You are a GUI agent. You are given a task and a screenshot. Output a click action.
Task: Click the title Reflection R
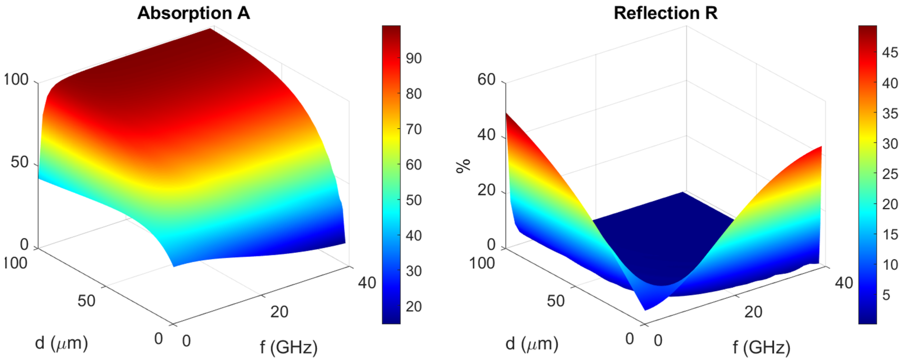pyautogui.click(x=666, y=13)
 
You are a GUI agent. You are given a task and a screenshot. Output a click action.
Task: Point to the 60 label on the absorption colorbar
pyautogui.click(x=414, y=165)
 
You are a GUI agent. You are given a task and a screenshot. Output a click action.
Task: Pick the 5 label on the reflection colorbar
pyautogui.click(x=886, y=295)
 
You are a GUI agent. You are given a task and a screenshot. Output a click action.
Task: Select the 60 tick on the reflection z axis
pyautogui.click(x=486, y=80)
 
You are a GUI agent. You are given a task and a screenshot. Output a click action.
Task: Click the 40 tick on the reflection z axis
pyautogui.click(x=486, y=135)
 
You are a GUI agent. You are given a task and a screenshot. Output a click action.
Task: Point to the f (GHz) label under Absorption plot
pyautogui.click(x=289, y=347)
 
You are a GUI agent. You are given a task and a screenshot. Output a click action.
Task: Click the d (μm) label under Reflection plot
pyautogui.click(x=532, y=343)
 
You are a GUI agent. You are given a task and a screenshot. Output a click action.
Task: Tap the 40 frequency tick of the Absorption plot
pyautogui.click(x=367, y=282)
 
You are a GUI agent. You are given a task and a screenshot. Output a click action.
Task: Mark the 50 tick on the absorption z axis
pyautogui.click(x=19, y=162)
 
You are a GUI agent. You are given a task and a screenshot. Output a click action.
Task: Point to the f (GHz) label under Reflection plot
pyautogui.click(x=761, y=347)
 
